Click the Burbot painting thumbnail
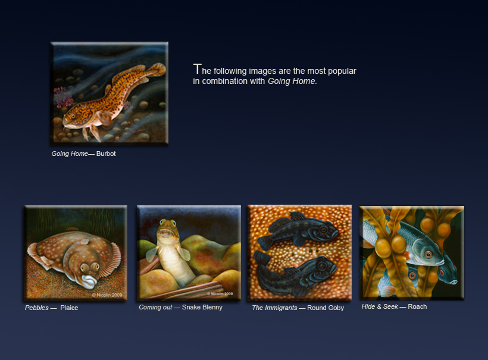(x=110, y=93)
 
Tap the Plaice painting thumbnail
(x=76, y=253)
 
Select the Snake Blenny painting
(x=189, y=253)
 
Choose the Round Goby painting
(x=299, y=253)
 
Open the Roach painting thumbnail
(x=412, y=253)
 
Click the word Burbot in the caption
(x=106, y=154)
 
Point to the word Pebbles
(x=37, y=308)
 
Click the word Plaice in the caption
(x=69, y=308)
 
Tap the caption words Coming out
(x=155, y=307)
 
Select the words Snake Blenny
(x=202, y=307)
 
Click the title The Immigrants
(x=274, y=308)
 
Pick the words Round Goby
(x=326, y=308)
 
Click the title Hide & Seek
(x=380, y=306)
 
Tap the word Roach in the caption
(x=417, y=306)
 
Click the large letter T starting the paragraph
(x=197, y=69)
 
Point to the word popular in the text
(x=342, y=71)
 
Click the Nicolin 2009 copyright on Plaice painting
(x=107, y=295)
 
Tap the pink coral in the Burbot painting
(x=63, y=97)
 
